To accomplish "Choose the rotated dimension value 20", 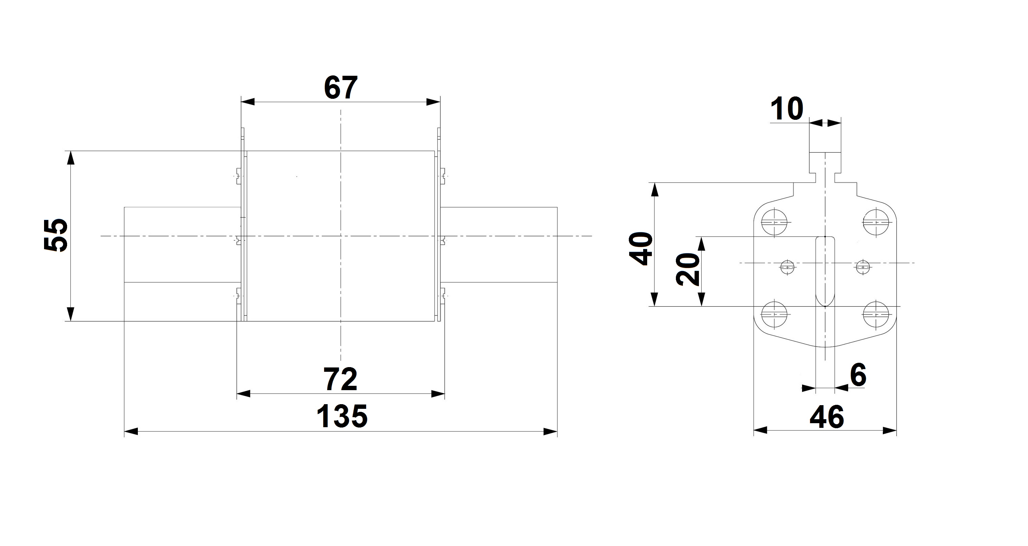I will pyautogui.click(x=688, y=270).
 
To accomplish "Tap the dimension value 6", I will pyautogui.click(x=858, y=375).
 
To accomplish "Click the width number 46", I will pyautogui.click(x=827, y=417).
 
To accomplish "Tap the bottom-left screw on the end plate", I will pyautogui.click(x=774, y=314).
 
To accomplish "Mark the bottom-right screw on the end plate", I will pyautogui.click(x=875, y=314).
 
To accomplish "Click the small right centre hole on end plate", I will pyautogui.click(x=863, y=267).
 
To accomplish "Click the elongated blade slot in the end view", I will pyautogui.click(x=825, y=271).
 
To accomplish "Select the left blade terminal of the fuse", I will pyautogui.click(x=182, y=244).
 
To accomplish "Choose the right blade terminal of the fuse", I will pyautogui.click(x=501, y=244).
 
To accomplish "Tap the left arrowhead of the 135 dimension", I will pyautogui.click(x=131, y=432).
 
